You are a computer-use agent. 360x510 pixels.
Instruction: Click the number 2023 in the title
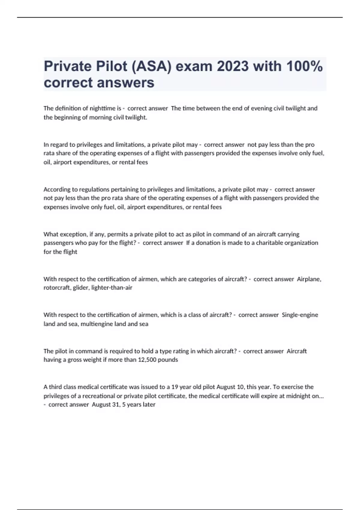[x=232, y=66]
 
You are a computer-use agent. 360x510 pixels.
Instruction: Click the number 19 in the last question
[x=175, y=387]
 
